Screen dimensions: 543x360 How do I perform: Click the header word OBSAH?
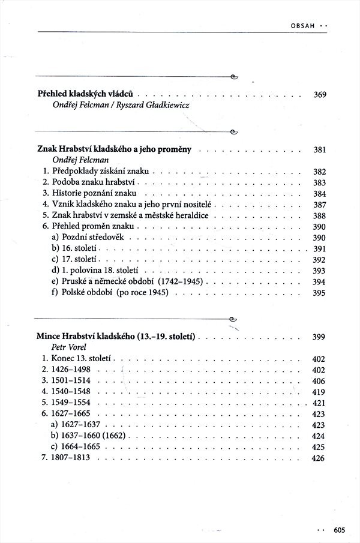tap(303, 26)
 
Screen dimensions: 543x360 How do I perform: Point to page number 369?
tap(319, 95)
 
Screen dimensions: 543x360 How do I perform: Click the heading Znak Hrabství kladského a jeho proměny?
tap(114, 149)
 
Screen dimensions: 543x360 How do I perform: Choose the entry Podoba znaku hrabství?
tap(95, 182)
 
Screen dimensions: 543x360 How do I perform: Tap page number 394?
tap(319, 282)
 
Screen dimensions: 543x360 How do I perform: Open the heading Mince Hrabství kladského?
tap(119, 337)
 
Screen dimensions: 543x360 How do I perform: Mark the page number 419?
tap(319, 392)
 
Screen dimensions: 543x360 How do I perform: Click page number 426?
tap(319, 459)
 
